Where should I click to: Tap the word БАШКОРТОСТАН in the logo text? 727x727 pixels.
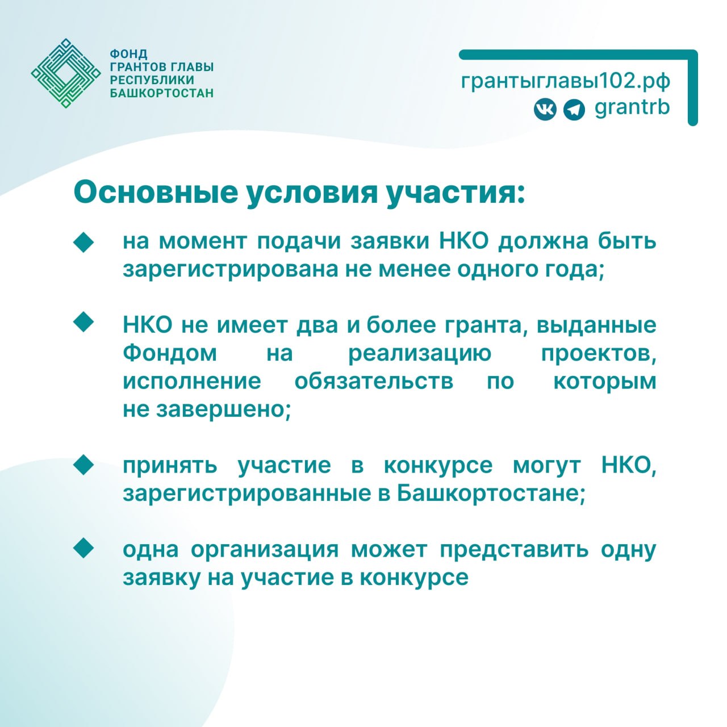point(162,93)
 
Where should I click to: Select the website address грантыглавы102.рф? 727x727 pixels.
point(566,81)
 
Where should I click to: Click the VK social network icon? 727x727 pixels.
point(545,110)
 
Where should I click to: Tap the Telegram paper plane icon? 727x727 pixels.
point(574,110)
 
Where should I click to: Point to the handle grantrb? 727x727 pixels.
point(632,107)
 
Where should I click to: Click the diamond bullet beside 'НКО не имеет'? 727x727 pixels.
point(83,323)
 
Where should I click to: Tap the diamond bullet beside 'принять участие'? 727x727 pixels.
point(83,465)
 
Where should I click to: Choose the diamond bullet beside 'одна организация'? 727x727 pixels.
point(83,548)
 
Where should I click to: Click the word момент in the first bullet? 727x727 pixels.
point(203,241)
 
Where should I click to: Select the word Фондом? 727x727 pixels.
point(170,353)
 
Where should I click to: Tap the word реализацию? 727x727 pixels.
point(420,353)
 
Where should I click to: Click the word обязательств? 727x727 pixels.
point(374,381)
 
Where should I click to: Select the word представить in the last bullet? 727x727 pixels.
point(514,550)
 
